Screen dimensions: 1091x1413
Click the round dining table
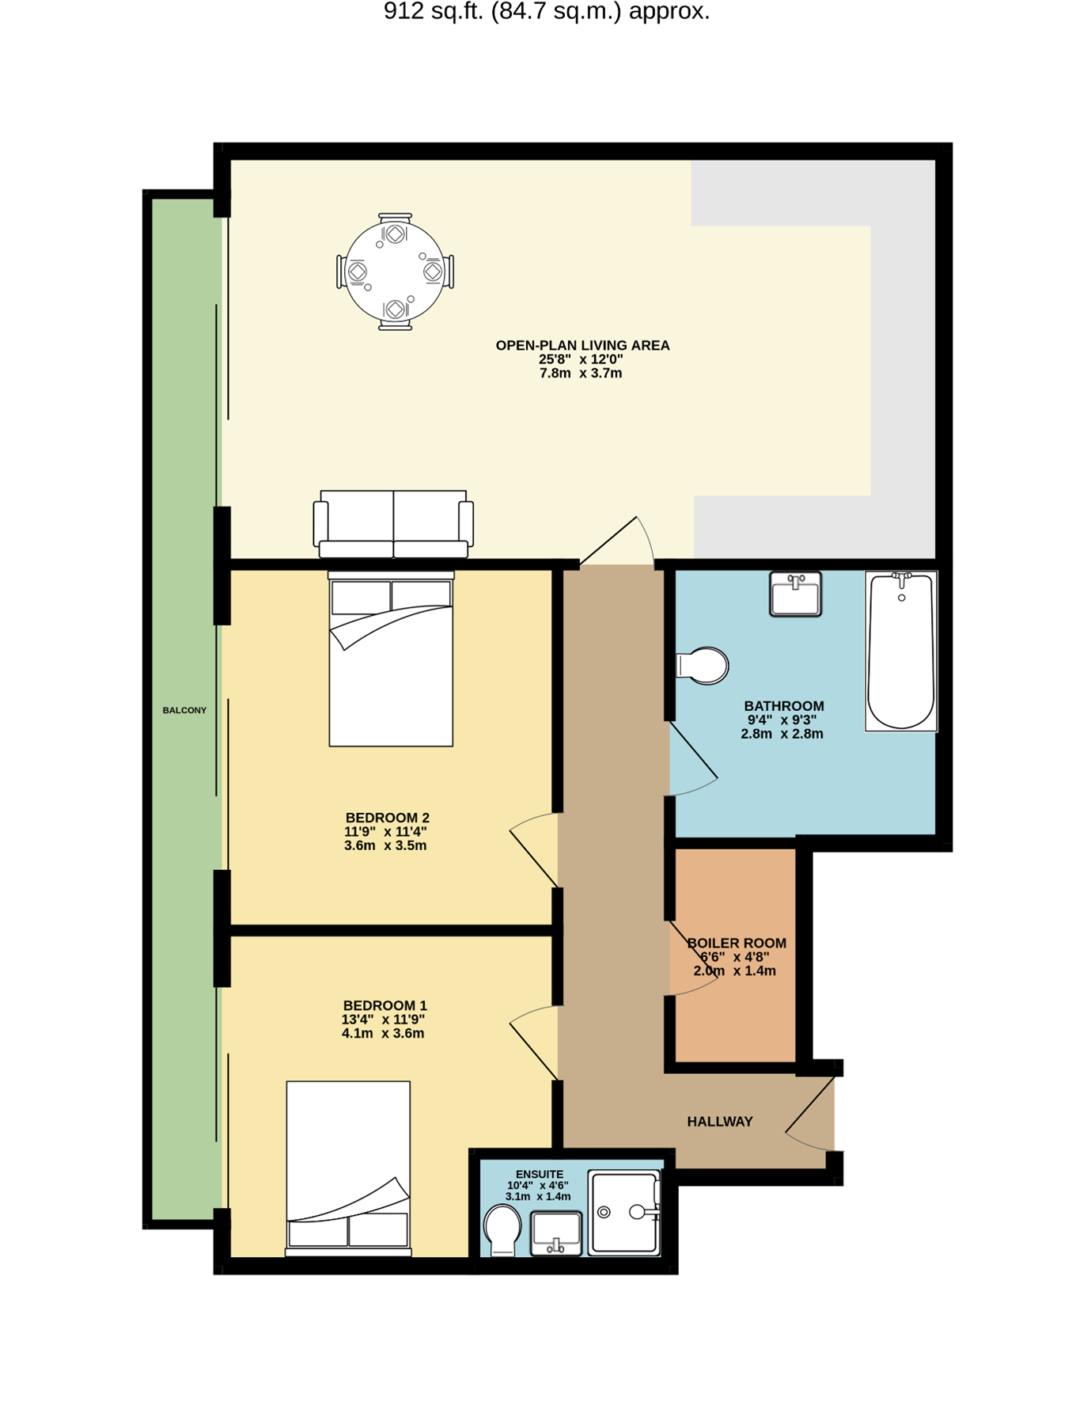point(395,272)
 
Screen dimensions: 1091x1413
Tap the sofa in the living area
point(393,524)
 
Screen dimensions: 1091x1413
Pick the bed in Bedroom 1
point(348,1168)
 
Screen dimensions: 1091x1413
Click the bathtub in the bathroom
point(901,651)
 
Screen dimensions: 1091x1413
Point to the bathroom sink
point(795,594)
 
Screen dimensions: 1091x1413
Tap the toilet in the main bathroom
point(703,666)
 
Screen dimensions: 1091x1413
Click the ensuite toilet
point(502,1230)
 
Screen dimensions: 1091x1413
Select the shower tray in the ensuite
point(625,1213)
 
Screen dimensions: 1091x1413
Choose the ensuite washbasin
point(556,1233)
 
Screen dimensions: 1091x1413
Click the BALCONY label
point(184,710)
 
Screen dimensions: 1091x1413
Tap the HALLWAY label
point(720,1121)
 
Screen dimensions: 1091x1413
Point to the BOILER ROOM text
point(737,943)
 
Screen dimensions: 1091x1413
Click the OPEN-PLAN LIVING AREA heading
point(582,345)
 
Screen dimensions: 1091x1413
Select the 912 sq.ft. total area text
point(547,11)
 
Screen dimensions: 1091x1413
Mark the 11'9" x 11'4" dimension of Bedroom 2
point(385,831)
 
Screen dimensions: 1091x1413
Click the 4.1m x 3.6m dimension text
point(383,1033)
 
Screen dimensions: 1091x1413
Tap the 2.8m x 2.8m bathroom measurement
point(782,733)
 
